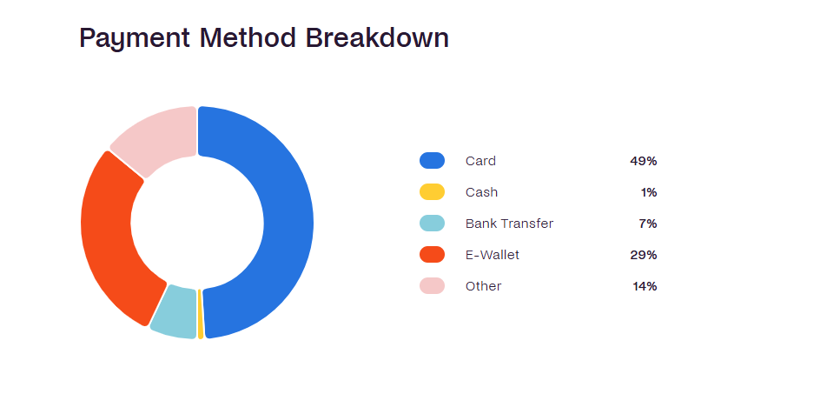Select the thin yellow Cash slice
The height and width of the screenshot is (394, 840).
(201, 314)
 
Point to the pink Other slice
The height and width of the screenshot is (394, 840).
(156, 139)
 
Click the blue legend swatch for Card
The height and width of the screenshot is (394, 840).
(432, 160)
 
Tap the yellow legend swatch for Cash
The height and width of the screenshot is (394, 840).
(432, 192)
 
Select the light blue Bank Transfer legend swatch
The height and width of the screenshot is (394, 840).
(432, 223)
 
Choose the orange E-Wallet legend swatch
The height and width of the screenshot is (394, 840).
(432, 255)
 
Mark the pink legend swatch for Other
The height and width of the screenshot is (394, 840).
(432, 286)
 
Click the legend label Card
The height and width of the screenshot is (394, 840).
(480, 161)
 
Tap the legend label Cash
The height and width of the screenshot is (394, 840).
(481, 192)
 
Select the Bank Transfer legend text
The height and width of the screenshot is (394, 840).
(509, 224)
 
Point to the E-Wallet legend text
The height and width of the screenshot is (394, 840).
(493, 255)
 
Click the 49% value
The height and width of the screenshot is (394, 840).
(644, 161)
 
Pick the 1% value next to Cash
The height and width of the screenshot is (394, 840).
(649, 192)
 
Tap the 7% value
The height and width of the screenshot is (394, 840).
(648, 224)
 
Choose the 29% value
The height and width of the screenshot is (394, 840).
(644, 255)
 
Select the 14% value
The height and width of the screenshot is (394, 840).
(645, 286)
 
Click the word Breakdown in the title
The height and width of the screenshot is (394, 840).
(377, 38)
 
